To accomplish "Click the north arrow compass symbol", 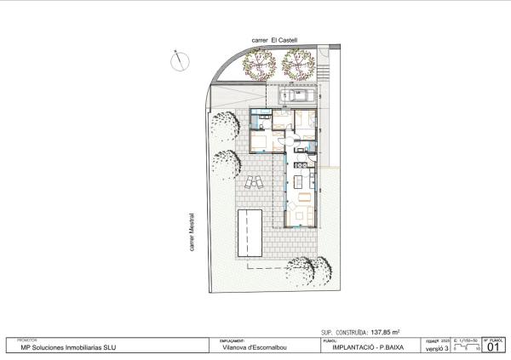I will click(180, 60).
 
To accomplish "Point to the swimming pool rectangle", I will click(251, 231).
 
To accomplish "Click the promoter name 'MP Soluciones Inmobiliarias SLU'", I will click(62, 347).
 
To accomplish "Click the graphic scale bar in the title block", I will click(467, 347).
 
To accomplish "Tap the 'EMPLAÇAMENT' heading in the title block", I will click(233, 340).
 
